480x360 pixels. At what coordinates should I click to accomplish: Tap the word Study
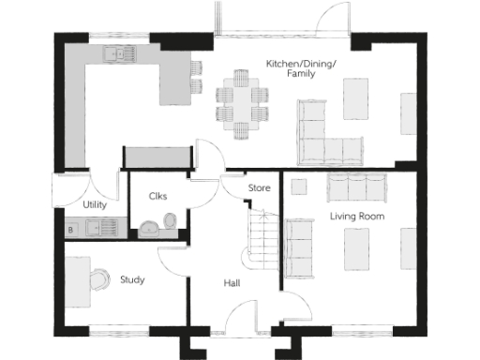[x=132, y=278]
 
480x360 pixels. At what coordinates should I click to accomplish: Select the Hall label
[x=232, y=282]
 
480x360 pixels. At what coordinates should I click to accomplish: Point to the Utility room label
[x=95, y=204]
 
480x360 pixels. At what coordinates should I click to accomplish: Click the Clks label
[x=157, y=196]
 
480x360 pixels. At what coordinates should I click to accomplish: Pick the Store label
[x=259, y=188]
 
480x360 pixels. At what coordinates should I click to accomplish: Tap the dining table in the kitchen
[x=242, y=101]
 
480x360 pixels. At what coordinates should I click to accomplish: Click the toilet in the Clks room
[x=170, y=219]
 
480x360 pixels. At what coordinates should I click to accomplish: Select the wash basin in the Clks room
[x=148, y=227]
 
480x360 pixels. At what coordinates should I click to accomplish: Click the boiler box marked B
[x=70, y=229]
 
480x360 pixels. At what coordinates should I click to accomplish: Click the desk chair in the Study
[x=98, y=273]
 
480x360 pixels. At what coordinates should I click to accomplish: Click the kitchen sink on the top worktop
[x=121, y=54]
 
